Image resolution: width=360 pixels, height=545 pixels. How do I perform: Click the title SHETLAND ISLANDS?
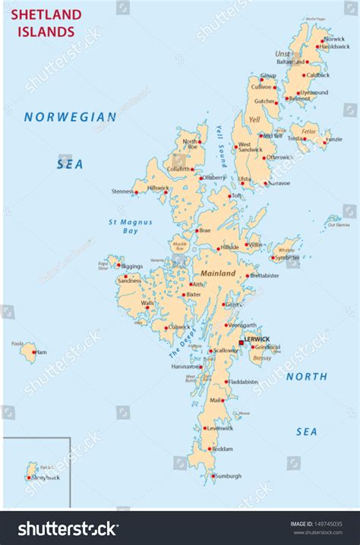coord(46,24)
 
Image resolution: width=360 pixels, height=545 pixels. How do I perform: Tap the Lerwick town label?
coord(257,339)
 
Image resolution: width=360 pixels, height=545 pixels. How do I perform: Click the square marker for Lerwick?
coord(242,343)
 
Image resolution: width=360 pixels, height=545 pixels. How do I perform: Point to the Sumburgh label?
coord(227,476)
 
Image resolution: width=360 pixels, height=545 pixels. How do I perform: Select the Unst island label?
coord(283,54)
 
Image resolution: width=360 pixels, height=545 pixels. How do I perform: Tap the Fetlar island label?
coord(308,131)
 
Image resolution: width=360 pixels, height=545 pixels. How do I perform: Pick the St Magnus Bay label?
coord(122,225)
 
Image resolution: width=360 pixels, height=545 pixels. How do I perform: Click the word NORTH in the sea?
coord(307,376)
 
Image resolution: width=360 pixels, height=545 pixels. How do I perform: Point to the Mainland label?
coord(219,272)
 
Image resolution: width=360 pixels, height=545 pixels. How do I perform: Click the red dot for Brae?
coord(197,230)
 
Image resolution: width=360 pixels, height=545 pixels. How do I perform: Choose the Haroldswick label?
coord(335,46)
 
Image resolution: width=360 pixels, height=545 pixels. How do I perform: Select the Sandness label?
coord(129,281)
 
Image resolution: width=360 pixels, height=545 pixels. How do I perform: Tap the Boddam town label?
coord(223,449)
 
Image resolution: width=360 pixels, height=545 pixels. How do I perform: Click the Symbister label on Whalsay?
coord(287,257)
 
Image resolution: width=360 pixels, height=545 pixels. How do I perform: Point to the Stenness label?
coord(122,191)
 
